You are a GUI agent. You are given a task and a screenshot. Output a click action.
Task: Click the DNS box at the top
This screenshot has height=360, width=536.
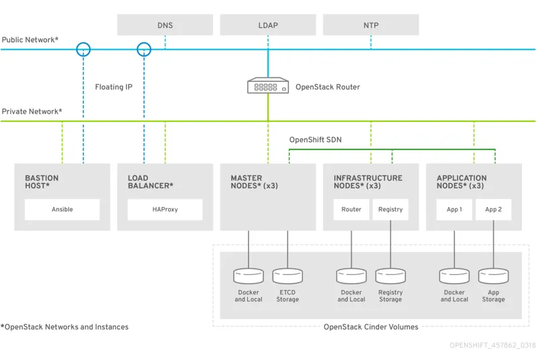(x=165, y=25)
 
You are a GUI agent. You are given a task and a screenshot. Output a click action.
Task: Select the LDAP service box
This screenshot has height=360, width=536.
(x=268, y=25)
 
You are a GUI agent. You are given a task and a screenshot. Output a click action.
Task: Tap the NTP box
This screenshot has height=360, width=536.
(x=371, y=25)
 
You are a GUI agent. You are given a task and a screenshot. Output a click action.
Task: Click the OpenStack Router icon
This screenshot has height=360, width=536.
(x=268, y=86)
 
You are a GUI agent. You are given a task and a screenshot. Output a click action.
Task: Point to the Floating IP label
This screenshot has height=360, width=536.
(x=114, y=87)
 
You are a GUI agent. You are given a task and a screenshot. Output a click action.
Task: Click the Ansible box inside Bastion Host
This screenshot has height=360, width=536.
(x=62, y=209)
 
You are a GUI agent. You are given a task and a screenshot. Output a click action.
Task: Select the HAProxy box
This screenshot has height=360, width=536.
(x=165, y=209)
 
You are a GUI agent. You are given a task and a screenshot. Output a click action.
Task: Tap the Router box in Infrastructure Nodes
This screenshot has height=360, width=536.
(x=351, y=209)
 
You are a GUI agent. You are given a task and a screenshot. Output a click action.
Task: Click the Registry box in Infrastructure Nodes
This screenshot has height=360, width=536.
(x=391, y=209)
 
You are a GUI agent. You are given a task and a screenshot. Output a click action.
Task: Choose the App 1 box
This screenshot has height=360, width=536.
(x=454, y=209)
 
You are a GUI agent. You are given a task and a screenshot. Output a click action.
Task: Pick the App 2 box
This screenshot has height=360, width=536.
(x=493, y=209)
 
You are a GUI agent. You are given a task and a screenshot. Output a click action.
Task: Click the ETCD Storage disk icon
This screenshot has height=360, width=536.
(x=287, y=276)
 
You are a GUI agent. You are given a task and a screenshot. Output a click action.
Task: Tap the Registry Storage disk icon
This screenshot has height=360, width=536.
(x=391, y=276)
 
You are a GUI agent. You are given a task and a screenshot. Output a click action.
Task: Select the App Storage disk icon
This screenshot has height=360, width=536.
(x=493, y=276)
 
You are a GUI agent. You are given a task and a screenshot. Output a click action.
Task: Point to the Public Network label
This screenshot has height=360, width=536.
(x=30, y=40)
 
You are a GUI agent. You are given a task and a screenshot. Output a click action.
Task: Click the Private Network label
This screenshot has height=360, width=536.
(x=31, y=111)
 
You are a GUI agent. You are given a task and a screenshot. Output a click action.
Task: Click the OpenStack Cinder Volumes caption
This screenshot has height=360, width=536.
(x=371, y=327)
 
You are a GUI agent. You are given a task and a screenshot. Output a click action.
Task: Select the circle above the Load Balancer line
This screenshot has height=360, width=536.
(x=144, y=49)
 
